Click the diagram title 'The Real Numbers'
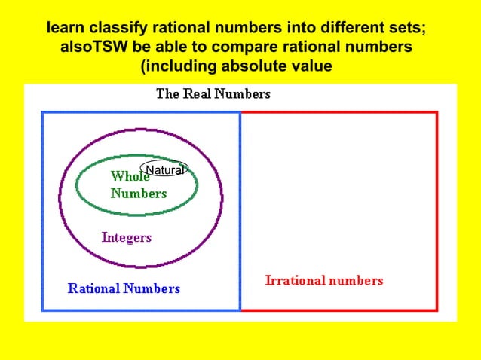[x=213, y=94]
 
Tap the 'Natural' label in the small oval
[x=164, y=170]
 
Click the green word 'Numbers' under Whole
[x=139, y=193]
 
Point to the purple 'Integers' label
[x=126, y=237]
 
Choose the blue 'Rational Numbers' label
[x=124, y=288]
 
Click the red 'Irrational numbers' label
[x=324, y=280]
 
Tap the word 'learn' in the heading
[x=66, y=29]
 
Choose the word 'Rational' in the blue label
[x=93, y=288]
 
